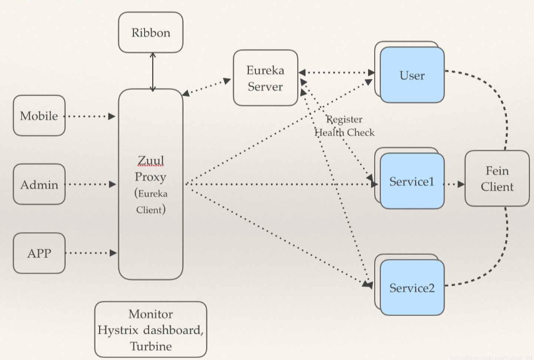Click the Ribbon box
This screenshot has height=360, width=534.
[x=151, y=33]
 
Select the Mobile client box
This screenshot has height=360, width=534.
[x=39, y=116]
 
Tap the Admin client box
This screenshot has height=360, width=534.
[x=39, y=185]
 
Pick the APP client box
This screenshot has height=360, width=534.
[x=39, y=253]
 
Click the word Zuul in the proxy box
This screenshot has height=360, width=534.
[x=150, y=161]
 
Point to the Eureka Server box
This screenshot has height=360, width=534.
[x=265, y=78]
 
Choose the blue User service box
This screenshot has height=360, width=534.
[x=412, y=75]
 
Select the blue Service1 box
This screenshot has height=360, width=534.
[x=412, y=182]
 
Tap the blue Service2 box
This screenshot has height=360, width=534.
[x=412, y=288]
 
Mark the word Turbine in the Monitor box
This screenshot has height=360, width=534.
[x=151, y=346]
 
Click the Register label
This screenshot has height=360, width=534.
[x=344, y=119]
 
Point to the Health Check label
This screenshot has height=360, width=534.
[x=345, y=132]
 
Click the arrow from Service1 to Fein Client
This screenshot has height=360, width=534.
[x=454, y=184]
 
